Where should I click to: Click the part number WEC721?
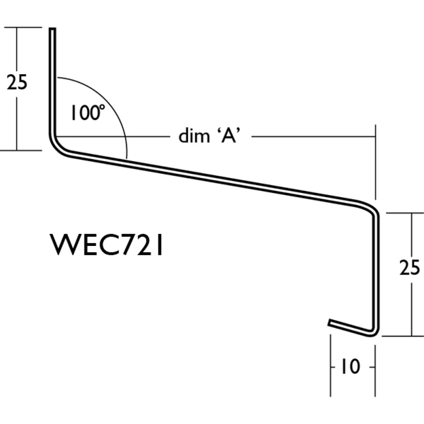click(107, 245)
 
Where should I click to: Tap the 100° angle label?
click(87, 113)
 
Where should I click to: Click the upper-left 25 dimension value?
click(17, 83)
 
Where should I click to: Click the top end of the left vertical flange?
click(53, 30)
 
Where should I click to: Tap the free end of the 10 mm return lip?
click(330, 323)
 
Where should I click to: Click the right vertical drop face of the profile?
click(375, 271)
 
